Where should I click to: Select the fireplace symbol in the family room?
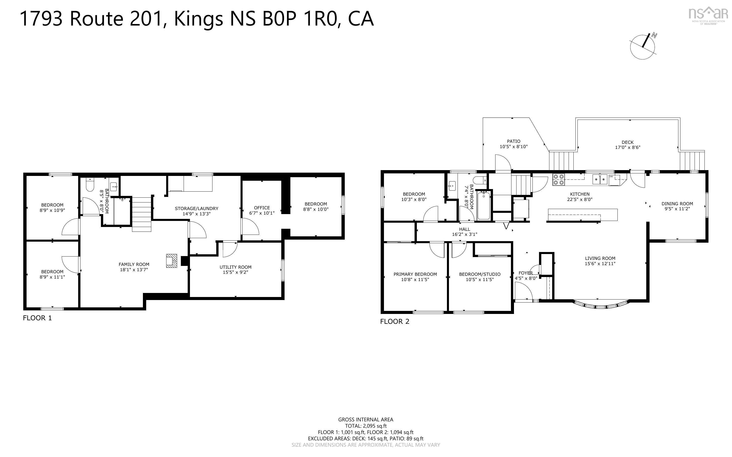(171, 261)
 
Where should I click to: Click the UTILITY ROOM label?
(235, 267)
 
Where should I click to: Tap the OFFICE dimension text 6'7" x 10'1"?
(262, 213)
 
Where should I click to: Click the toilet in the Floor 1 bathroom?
(90, 185)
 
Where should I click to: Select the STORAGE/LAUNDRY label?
(196, 209)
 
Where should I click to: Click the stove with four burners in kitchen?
(558, 179)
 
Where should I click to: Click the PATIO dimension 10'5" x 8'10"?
(513, 147)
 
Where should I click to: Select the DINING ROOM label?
(677, 204)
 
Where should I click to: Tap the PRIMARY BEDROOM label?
(415, 275)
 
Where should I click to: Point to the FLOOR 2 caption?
(395, 322)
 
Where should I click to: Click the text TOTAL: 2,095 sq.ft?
(365, 426)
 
